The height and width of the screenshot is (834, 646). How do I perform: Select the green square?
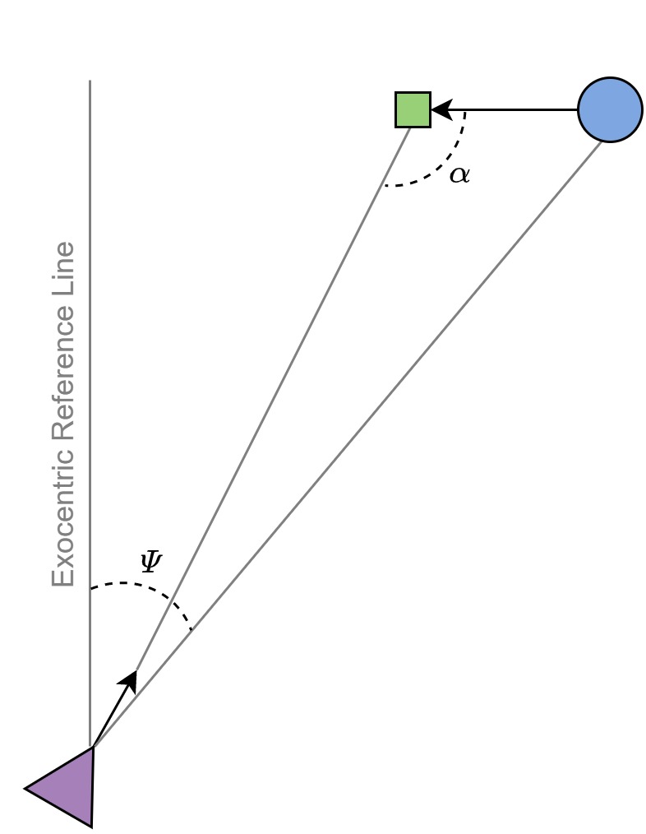(413, 109)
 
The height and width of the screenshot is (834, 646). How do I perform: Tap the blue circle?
(610, 109)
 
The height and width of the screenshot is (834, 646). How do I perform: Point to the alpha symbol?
(459, 174)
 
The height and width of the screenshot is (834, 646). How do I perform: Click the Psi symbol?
(151, 562)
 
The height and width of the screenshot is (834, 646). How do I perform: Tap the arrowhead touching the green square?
(441, 109)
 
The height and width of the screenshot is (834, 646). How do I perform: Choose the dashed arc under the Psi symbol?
(140, 586)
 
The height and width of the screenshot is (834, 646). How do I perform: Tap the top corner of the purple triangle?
(94, 747)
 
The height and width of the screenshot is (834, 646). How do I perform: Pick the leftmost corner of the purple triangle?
(25, 789)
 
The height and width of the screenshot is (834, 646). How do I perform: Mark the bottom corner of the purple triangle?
(91, 826)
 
